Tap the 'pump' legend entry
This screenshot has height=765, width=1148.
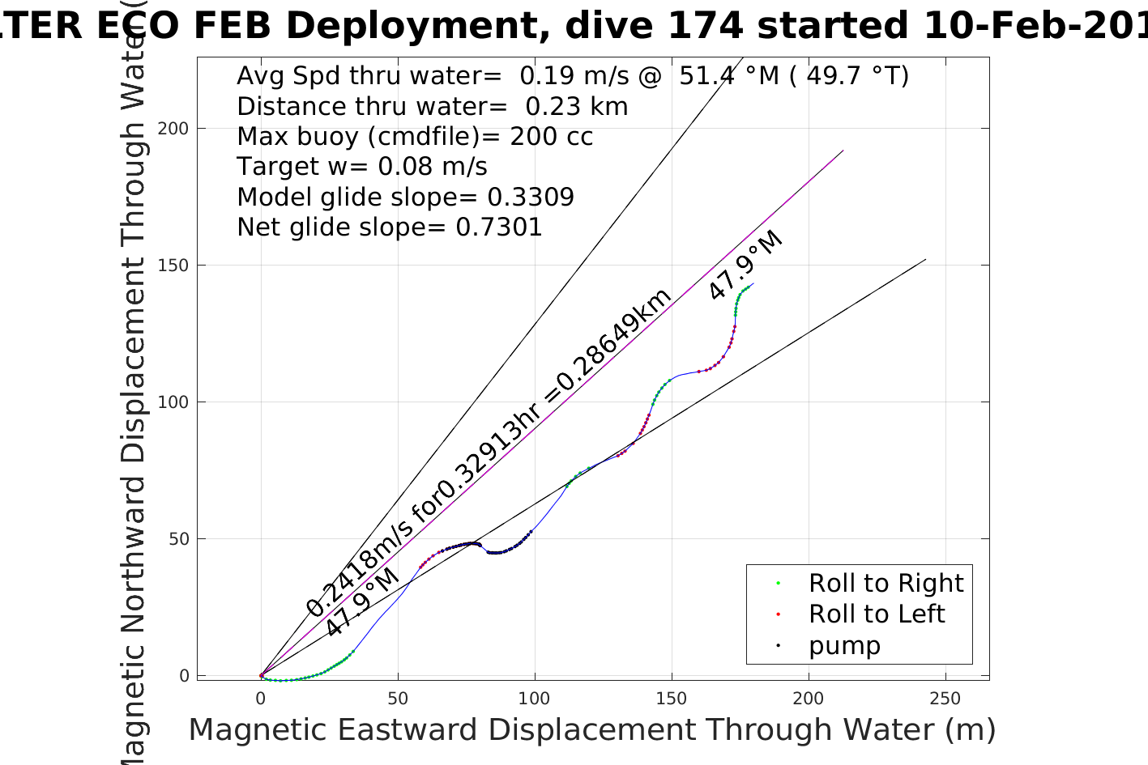coord(843,645)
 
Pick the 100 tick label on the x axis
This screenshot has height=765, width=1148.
coord(534,699)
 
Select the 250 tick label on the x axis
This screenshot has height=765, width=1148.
coord(945,699)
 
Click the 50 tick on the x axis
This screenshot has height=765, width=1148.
coord(398,699)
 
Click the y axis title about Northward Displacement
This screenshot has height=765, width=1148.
coord(133,389)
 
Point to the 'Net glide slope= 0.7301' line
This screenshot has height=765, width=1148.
coord(389,227)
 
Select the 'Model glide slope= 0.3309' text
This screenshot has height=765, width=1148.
coord(405,198)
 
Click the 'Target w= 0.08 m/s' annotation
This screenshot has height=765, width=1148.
coord(361,167)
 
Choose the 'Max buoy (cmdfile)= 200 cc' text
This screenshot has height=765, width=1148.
coord(415,137)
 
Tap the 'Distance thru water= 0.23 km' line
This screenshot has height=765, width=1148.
coord(432,107)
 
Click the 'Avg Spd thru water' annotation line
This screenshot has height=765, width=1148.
coord(572,76)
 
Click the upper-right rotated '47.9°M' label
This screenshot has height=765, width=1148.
coord(745,266)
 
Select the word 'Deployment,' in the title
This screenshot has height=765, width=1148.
coord(414,26)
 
